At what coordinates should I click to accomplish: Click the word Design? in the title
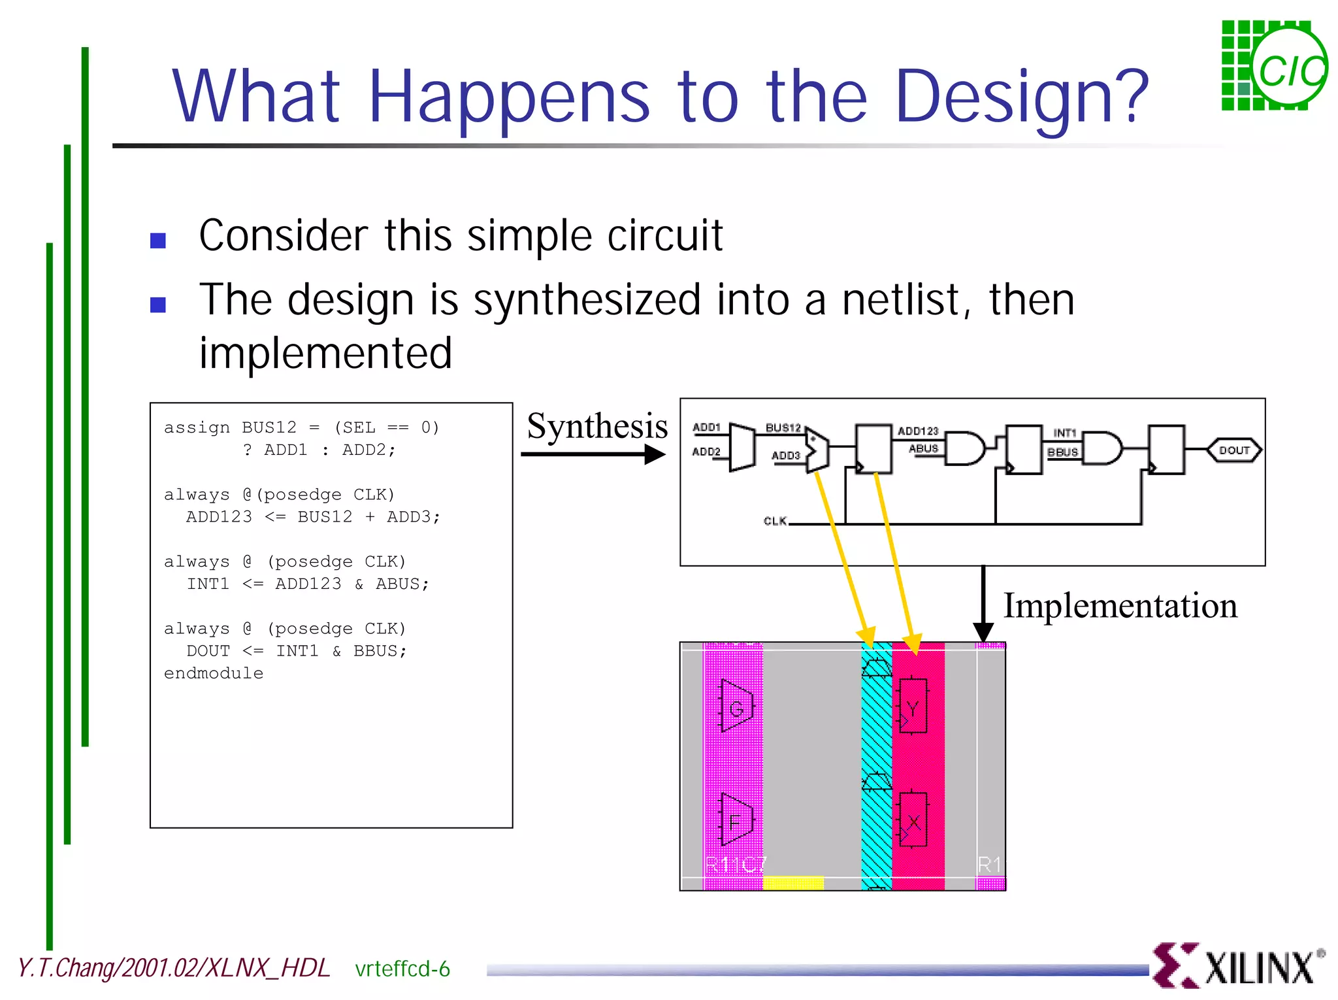pos(1021,98)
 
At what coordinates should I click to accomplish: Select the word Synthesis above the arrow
pos(597,426)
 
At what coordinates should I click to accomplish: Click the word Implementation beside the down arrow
pos(1120,606)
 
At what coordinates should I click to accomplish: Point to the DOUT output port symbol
pos(1233,450)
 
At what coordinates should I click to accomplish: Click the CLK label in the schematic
pos(775,521)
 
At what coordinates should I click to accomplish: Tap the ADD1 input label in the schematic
pos(706,427)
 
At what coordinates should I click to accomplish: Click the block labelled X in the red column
pos(913,821)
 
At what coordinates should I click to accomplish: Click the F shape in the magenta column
pos(736,821)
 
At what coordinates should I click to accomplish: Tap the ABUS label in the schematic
pos(923,448)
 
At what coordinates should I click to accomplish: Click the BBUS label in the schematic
pos(1062,452)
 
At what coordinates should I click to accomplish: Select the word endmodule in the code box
pos(214,673)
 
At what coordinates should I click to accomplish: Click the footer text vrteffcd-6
pos(402,969)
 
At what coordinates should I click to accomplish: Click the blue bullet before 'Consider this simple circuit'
pos(157,241)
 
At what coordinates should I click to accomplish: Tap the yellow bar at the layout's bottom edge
pos(793,883)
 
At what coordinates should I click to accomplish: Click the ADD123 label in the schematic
pos(918,431)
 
